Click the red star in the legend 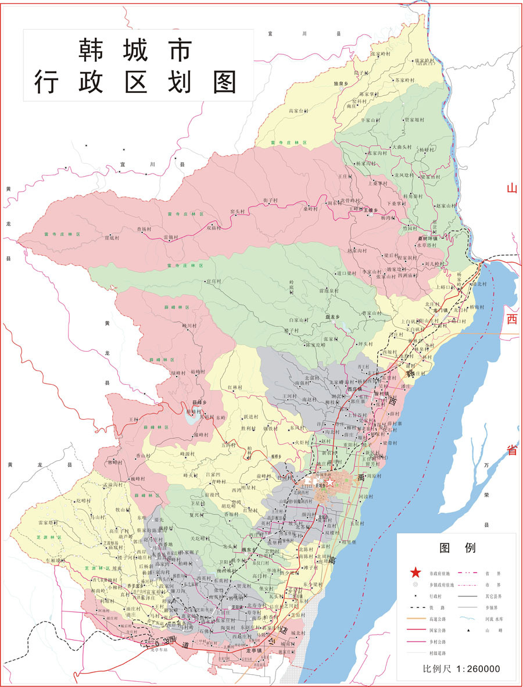click(417, 572)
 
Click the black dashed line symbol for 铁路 click(417, 607)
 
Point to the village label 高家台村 click(299, 110)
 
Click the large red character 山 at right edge click(511, 188)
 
